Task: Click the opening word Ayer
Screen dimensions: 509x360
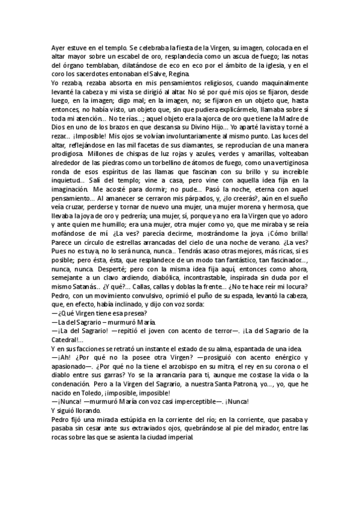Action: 58,47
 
